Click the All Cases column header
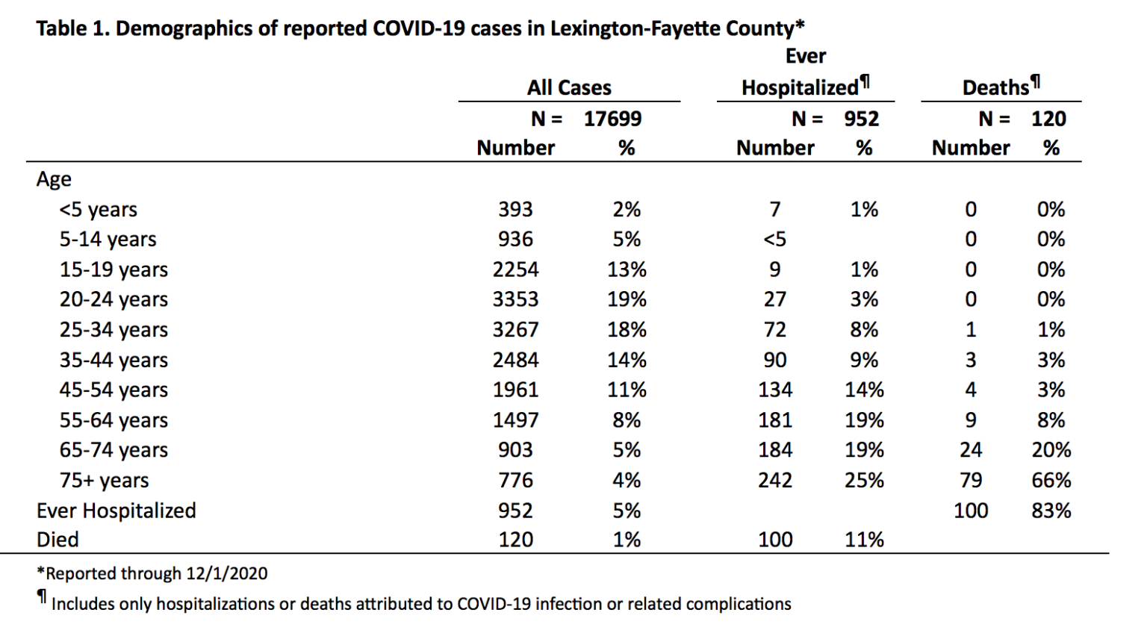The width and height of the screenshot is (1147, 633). (569, 87)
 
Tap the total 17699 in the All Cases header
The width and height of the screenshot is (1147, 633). (612, 119)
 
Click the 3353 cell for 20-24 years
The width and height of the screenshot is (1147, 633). (515, 299)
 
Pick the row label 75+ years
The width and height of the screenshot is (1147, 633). (104, 480)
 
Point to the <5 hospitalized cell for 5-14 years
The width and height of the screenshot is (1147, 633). (774, 239)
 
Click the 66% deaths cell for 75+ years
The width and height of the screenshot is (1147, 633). (1051, 480)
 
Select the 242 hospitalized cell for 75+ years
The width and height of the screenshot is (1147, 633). (774, 480)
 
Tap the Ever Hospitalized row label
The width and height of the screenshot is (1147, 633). (116, 510)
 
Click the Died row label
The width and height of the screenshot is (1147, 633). (57, 540)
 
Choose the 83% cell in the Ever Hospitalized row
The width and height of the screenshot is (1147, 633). (1051, 510)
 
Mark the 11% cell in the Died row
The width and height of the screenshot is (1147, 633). (864, 540)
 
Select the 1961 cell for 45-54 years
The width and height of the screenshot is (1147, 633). (515, 390)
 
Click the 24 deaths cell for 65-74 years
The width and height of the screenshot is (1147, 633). (970, 450)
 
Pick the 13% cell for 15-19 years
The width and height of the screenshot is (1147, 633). (627, 269)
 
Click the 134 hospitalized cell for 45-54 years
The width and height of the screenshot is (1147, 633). (774, 390)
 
